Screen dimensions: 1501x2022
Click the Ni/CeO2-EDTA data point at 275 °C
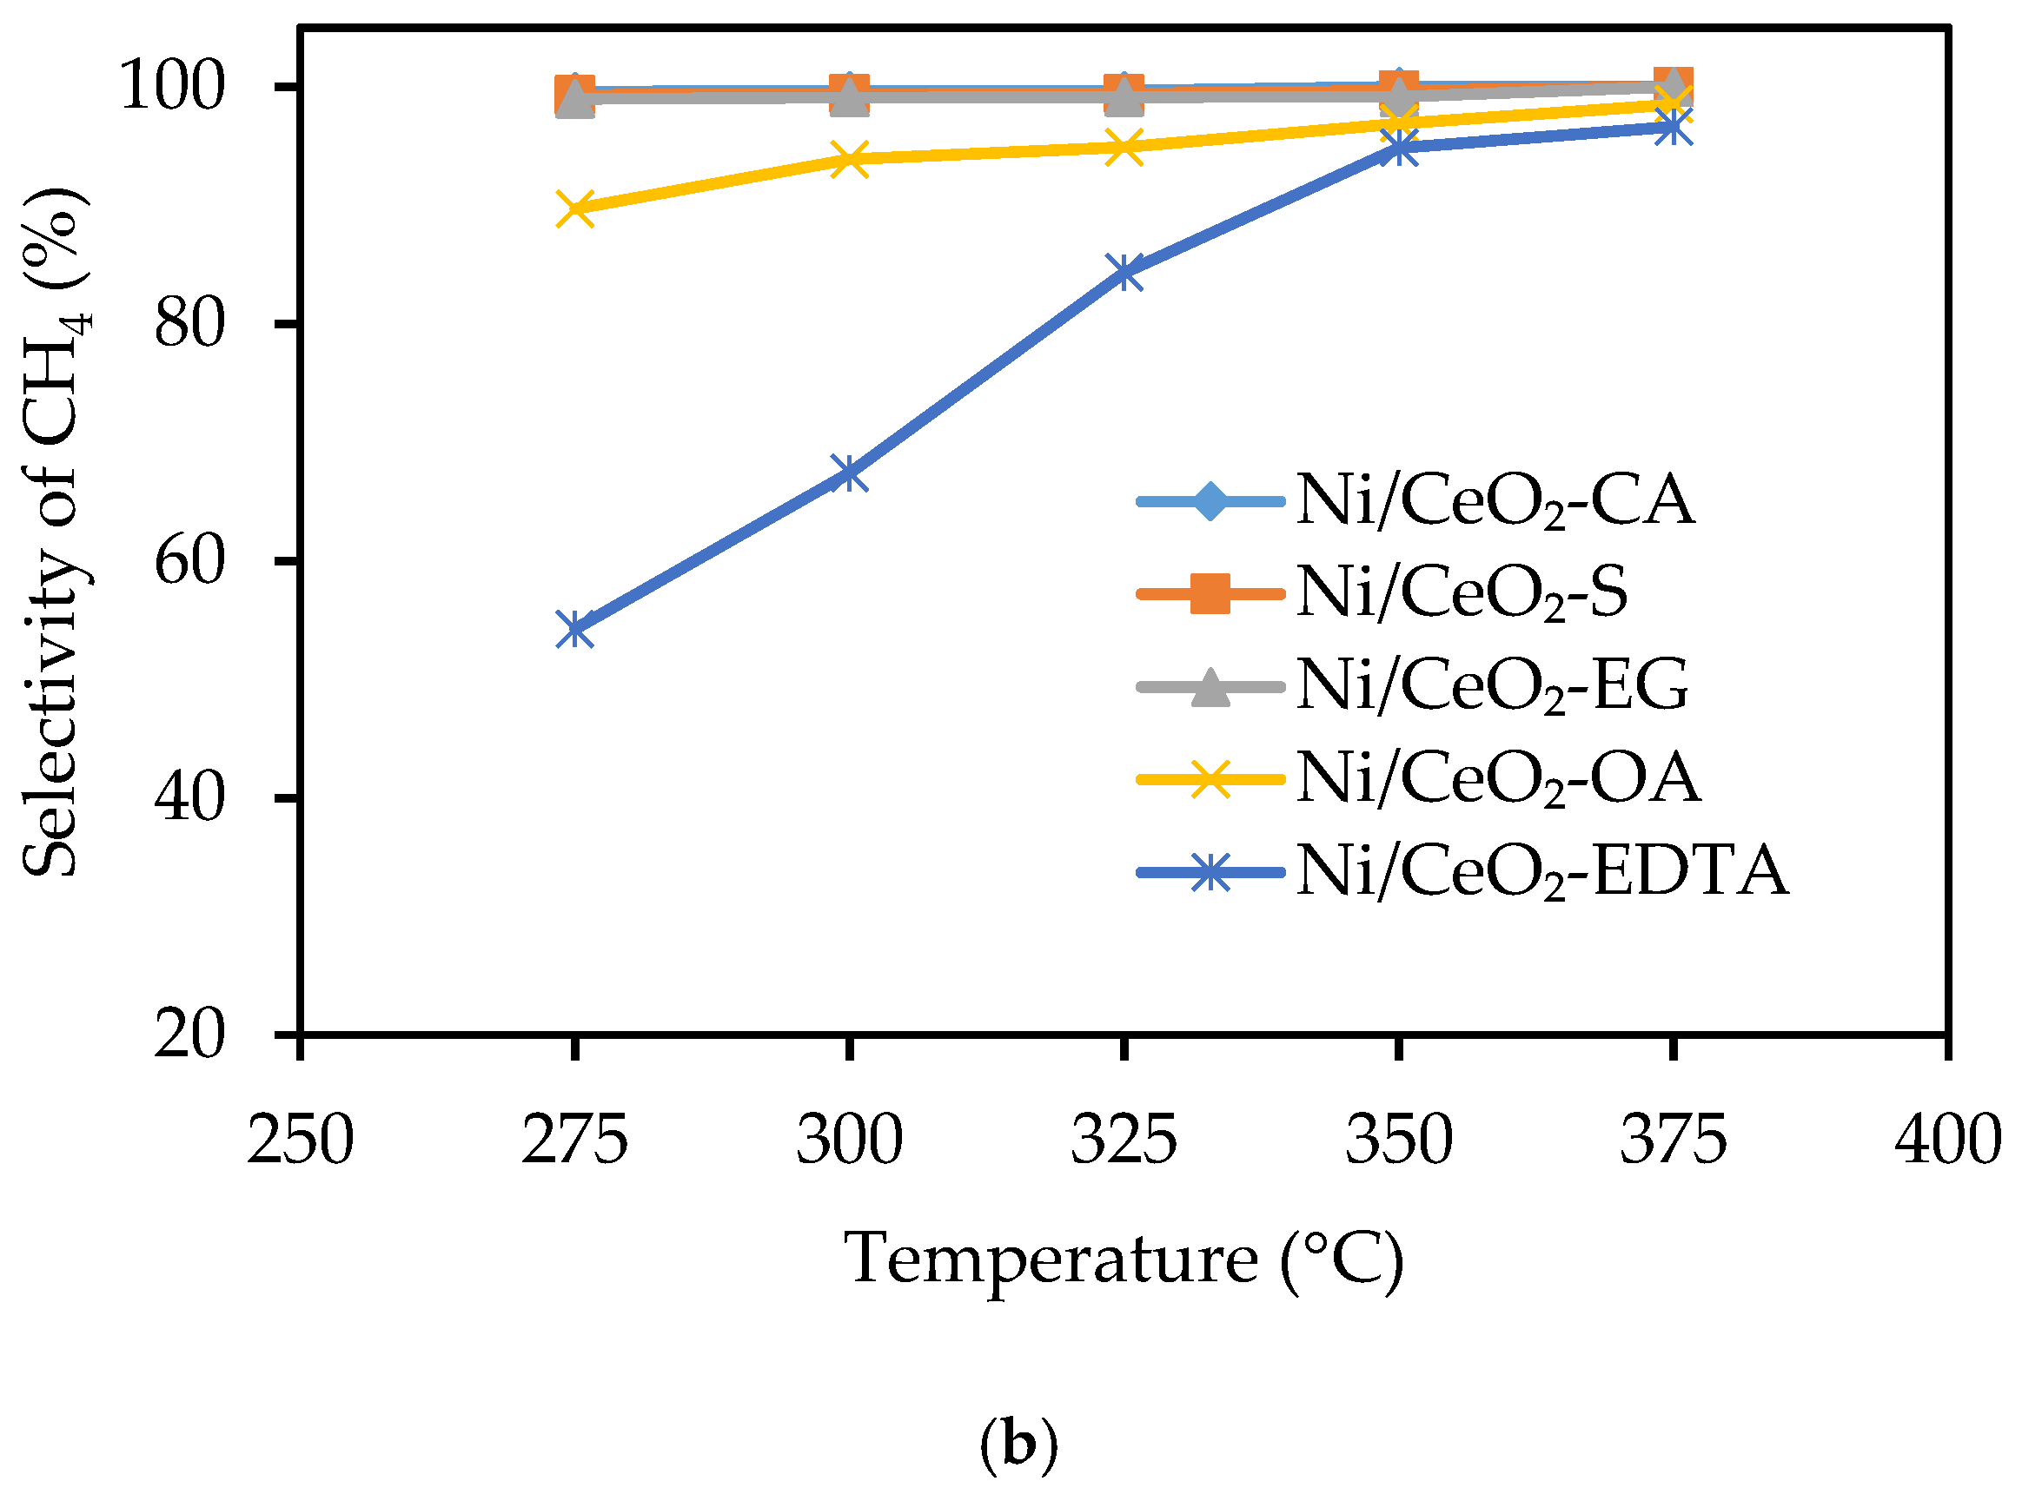click(574, 629)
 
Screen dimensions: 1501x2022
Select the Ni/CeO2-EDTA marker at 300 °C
click(849, 473)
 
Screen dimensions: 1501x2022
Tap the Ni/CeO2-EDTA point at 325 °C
click(1124, 272)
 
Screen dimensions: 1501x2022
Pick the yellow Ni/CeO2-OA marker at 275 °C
click(574, 209)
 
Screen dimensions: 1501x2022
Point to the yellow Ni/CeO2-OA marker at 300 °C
click(849, 159)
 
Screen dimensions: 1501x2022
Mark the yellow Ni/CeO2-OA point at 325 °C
click(1124, 146)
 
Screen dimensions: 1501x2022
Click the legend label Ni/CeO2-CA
click(1494, 500)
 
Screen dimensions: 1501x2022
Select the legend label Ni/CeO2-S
click(1462, 593)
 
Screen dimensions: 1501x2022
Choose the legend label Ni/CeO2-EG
click(1492, 686)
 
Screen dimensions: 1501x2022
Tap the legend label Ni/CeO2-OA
click(1498, 778)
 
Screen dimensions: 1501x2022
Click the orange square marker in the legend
click(1210, 593)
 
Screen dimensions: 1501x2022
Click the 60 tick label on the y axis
click(189, 561)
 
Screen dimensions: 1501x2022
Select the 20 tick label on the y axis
click(189, 1034)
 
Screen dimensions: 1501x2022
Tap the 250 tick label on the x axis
click(300, 1141)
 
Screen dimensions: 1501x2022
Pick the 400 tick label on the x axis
click(1947, 1141)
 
